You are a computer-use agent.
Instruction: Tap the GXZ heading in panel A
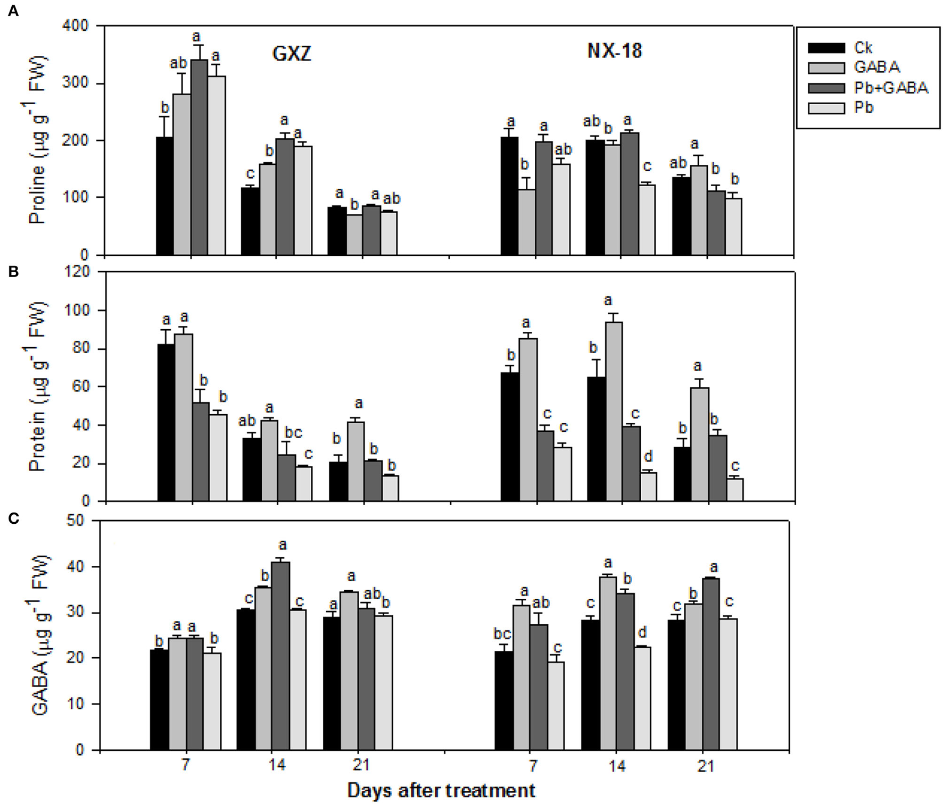pos(292,54)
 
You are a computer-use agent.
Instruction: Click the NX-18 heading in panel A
pos(615,51)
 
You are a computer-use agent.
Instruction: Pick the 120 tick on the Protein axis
pos(79,272)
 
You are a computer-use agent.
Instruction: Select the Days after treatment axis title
pos(441,790)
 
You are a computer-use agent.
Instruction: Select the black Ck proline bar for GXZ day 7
pos(164,196)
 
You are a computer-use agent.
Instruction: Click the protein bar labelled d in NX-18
pos(648,487)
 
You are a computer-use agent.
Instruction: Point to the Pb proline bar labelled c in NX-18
pos(647,220)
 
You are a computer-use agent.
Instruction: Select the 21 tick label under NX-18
pos(706,766)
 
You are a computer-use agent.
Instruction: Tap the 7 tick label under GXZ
pos(185,765)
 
